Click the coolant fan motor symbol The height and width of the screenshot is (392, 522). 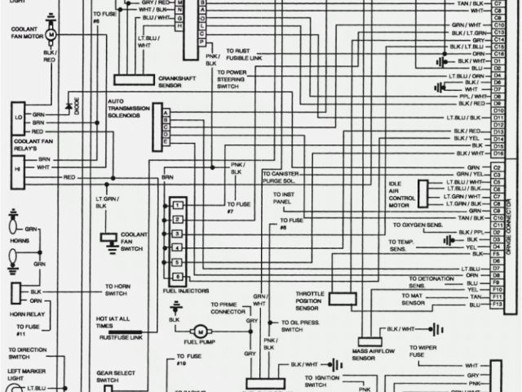tap(50, 36)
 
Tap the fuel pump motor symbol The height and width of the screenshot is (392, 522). tap(177, 319)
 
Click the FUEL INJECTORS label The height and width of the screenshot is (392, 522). tap(187, 291)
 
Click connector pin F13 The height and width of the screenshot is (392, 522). tap(496, 305)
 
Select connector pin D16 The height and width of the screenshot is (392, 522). tap(497, 154)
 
